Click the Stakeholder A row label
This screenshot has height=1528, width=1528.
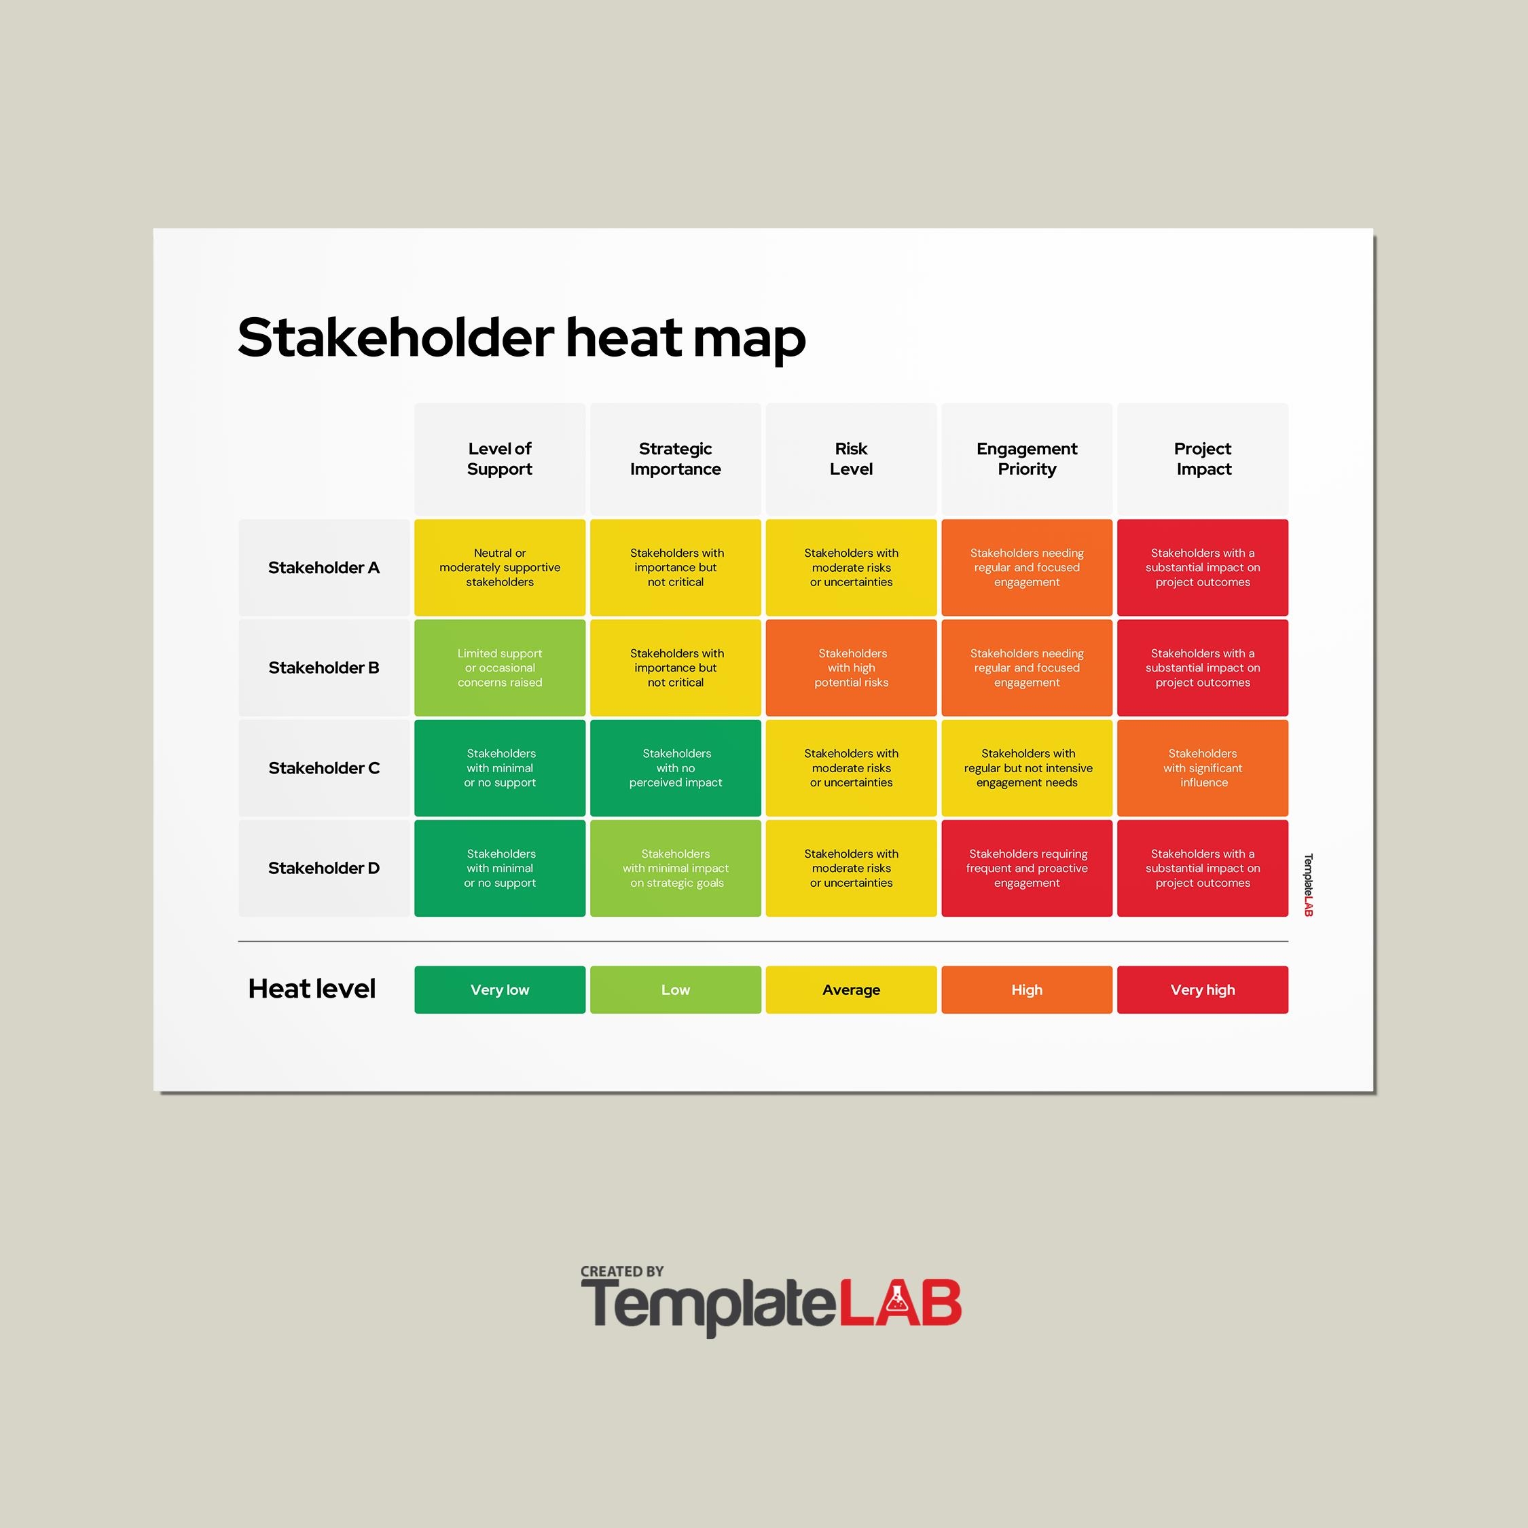coord(323,567)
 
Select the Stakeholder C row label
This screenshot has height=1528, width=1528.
coord(323,768)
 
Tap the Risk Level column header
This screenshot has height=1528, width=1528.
coord(851,458)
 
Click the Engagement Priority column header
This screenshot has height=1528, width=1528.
coord(1027,458)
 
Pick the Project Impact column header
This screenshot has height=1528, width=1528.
coord(1202,458)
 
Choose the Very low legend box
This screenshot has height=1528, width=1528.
coord(500,989)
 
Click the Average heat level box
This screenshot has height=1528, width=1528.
coord(851,989)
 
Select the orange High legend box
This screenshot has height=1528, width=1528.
coord(1027,989)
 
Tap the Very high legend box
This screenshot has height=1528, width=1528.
coord(1202,989)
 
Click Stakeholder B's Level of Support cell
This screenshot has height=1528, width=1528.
coord(500,668)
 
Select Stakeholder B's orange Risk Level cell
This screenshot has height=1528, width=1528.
coord(851,668)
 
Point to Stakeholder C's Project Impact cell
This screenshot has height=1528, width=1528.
coord(1202,768)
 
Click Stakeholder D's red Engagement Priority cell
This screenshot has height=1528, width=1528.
coord(1027,868)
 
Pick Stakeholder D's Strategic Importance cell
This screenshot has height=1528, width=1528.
coord(676,868)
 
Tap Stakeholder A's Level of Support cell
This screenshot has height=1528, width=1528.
coord(500,567)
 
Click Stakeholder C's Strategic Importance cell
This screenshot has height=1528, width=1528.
coord(676,768)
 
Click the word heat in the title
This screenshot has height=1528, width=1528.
coord(623,338)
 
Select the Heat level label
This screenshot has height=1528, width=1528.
coord(312,989)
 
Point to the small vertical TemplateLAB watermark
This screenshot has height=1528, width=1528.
coord(1308,885)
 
